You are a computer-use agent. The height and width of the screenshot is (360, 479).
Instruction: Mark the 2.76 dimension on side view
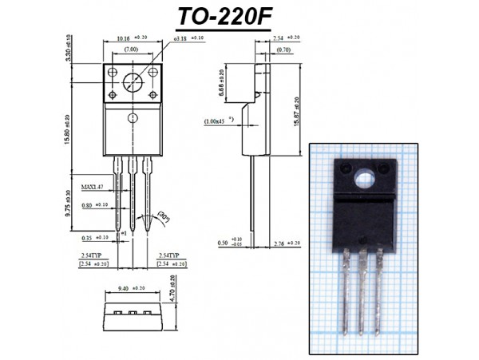[283, 242]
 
